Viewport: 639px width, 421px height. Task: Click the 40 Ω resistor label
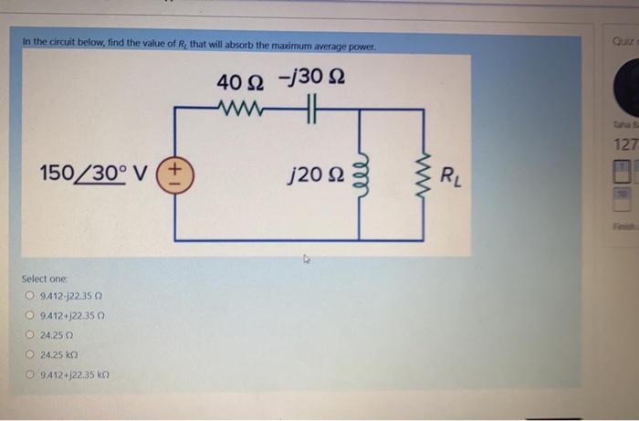click(239, 82)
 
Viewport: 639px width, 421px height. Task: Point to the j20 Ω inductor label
click(315, 174)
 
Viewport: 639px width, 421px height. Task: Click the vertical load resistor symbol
click(423, 174)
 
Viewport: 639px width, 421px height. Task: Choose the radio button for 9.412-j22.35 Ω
click(30, 294)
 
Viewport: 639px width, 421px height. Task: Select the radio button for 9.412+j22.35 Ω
click(30, 314)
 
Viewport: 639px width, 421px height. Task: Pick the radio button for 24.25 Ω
click(30, 334)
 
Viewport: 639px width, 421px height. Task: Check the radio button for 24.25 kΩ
click(30, 354)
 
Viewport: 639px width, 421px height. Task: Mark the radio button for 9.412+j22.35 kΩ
click(30, 374)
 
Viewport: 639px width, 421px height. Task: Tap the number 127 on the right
click(625, 143)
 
